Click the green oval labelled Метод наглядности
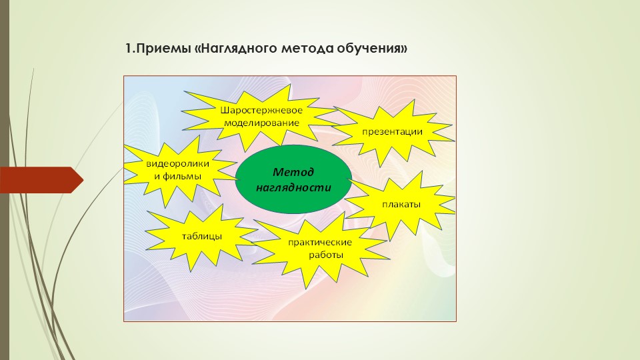tap(293, 179)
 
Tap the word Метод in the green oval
tap(293, 172)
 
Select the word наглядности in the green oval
tap(293, 187)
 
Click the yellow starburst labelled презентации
tap(392, 131)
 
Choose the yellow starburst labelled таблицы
tap(201, 237)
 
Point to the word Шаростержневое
tap(261, 110)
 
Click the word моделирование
tap(261, 123)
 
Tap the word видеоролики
tap(177, 164)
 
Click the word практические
tap(319, 243)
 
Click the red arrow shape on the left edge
tap(41, 179)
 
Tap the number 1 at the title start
tap(128, 49)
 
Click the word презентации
tap(392, 132)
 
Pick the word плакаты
tap(401, 205)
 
